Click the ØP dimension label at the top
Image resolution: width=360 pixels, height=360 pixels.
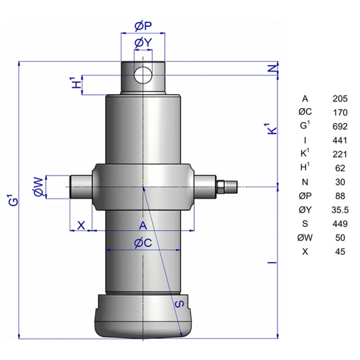tap(143, 26)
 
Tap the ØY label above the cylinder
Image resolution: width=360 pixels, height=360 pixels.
tap(143, 43)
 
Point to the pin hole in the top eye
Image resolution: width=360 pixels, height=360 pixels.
tap(143, 75)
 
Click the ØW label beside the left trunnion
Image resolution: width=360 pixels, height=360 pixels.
tap(38, 187)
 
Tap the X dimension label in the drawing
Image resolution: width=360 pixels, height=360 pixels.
tap(81, 225)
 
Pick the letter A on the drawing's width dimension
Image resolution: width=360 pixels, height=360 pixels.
tap(143, 226)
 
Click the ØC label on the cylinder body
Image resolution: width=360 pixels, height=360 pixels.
tap(143, 243)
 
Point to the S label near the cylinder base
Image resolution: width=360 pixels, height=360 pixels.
tap(179, 304)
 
